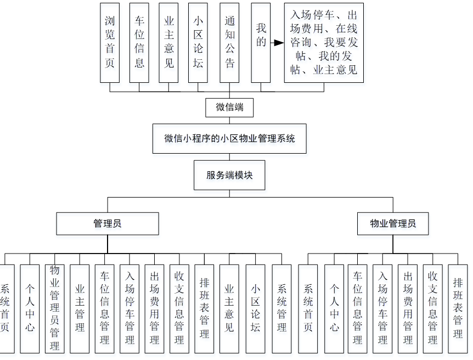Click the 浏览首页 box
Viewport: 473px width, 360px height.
pos(110,43)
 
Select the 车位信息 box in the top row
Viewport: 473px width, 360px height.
pos(139,43)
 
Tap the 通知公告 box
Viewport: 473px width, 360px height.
pos(229,43)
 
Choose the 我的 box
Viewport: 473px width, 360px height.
pos(261,43)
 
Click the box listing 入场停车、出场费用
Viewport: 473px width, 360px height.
pos(324,43)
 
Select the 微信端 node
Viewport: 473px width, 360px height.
pos(229,108)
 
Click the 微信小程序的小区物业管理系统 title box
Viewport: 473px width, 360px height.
pos(229,138)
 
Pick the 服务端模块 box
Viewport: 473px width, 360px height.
pos(229,175)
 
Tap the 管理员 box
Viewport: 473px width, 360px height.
pos(108,224)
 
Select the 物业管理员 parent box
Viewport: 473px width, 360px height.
pos(393,224)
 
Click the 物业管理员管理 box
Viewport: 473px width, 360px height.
pos(55,308)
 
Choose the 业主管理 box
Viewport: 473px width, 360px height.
pos(80,308)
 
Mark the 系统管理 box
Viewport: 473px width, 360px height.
pos(282,308)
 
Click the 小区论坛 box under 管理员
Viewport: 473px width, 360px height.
pos(256,308)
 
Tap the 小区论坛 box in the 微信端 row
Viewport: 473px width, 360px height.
pos(198,43)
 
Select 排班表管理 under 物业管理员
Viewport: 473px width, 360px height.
pos(458,308)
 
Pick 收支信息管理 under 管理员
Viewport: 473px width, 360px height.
pos(179,308)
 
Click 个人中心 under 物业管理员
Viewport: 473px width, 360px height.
pos(334,308)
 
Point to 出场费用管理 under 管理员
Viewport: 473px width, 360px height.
pos(154,308)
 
